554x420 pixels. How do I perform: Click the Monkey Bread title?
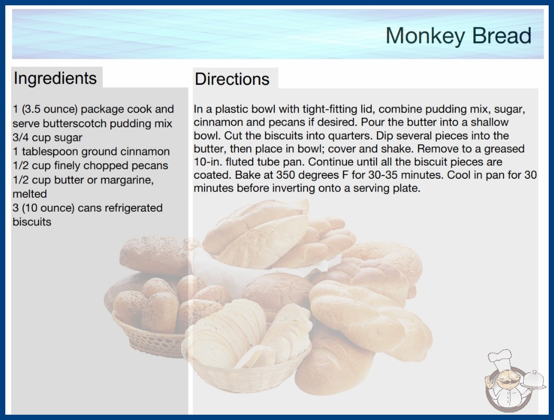458,36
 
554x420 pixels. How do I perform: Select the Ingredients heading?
55,78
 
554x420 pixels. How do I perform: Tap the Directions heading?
232,79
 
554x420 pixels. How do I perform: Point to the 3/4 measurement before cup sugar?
20,137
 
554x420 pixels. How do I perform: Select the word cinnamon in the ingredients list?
145,152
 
